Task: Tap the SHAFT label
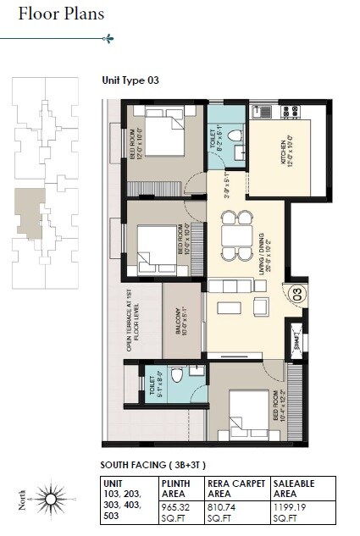point(296,334)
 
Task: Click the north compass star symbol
point(51,499)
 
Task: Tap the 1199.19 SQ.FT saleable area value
point(291,511)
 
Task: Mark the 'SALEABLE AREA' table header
point(292,489)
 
